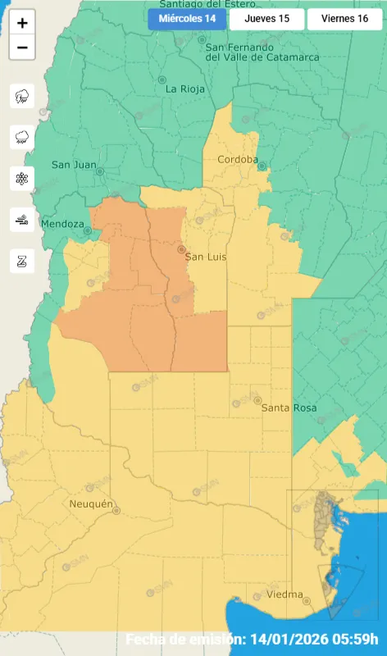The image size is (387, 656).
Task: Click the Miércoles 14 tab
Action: coord(187,19)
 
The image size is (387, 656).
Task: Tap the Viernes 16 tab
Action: coord(345,19)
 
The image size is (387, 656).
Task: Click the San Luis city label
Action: coord(205,257)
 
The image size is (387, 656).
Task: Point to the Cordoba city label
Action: coord(238,159)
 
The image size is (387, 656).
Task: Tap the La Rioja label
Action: coord(183,88)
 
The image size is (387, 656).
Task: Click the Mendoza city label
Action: coord(62,223)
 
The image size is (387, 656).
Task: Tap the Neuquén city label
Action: coord(91,503)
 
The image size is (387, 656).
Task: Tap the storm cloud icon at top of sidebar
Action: coord(22,96)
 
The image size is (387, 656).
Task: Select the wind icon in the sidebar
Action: coord(22,219)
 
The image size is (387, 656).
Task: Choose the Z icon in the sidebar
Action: coord(22,261)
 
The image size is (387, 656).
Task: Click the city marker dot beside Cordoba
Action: coord(262,166)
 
